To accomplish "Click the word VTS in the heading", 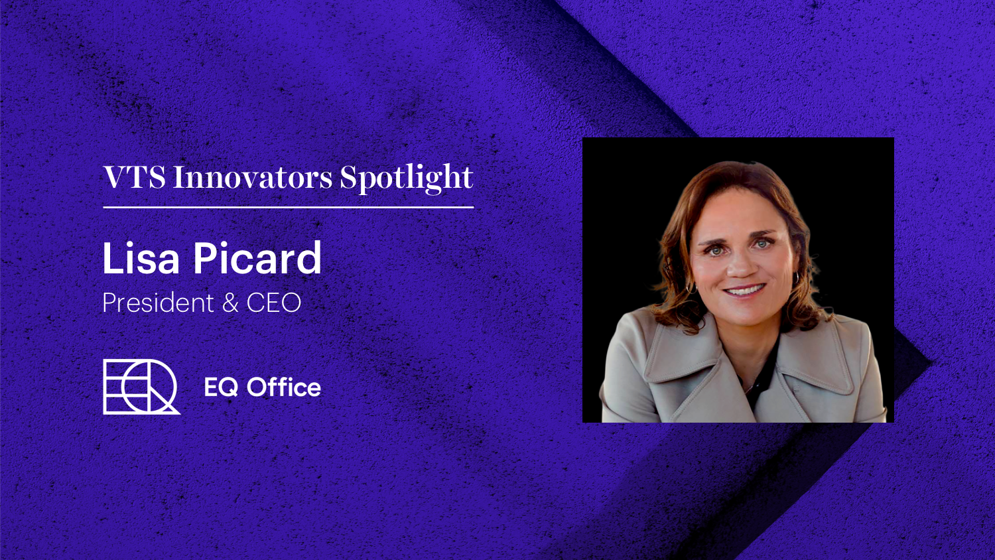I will coord(134,178).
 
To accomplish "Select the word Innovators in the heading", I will coord(253,178).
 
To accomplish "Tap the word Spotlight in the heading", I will coord(407,178).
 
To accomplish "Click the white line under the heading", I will coord(289,207).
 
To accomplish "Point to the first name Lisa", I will coord(141,259).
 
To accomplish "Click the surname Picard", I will coord(257,259).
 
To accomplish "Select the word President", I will coord(158,303).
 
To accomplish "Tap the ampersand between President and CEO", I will coord(230,303).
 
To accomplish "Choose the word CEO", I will coord(274,303).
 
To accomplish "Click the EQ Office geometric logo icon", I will coord(141,387).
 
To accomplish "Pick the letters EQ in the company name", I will coord(221,387).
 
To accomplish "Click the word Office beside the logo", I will coord(283,387).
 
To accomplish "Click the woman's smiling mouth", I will coord(744,291).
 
